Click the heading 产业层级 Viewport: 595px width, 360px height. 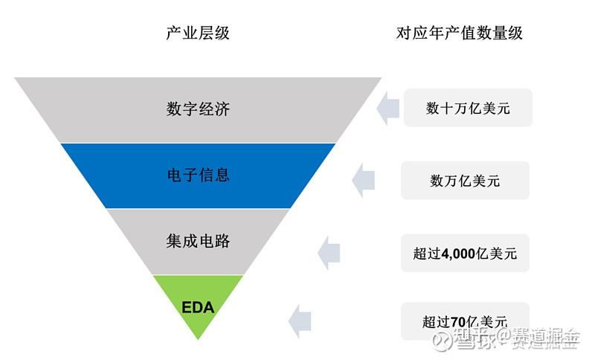[x=198, y=33]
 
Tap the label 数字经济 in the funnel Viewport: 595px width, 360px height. [x=198, y=109]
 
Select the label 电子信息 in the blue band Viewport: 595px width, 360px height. [x=198, y=176]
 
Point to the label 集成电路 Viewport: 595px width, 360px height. [x=198, y=241]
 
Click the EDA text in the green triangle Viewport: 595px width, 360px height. [x=198, y=306]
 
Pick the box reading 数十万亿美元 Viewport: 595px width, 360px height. [x=468, y=108]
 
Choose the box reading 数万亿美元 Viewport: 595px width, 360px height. [x=465, y=181]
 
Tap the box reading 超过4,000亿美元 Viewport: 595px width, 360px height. [x=465, y=254]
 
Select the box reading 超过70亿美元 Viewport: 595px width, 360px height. [x=465, y=321]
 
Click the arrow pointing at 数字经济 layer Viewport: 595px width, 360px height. [x=387, y=109]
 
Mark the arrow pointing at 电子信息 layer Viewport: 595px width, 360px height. [x=363, y=181]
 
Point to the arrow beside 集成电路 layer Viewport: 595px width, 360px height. [x=329, y=254]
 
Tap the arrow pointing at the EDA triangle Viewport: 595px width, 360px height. [x=300, y=321]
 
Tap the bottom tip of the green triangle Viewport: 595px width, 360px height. [x=198, y=338]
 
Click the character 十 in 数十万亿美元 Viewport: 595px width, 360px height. [x=448, y=108]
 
